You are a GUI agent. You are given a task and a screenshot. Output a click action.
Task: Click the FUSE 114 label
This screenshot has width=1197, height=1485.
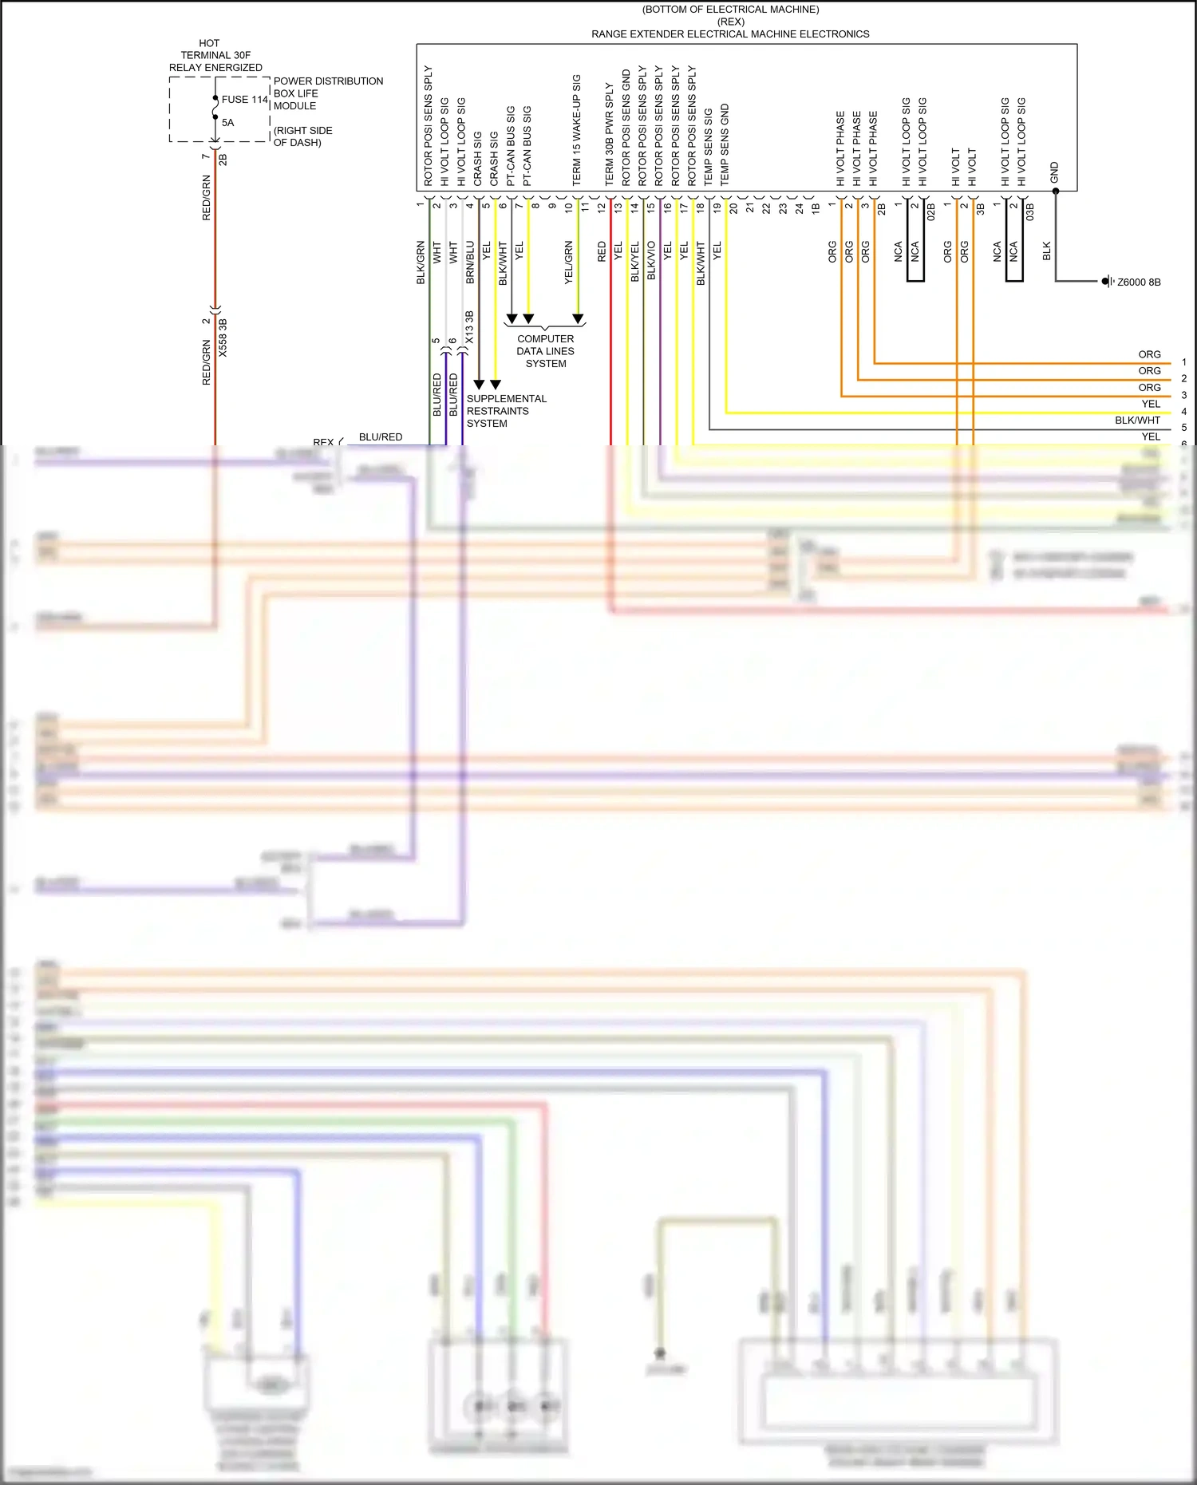click(244, 100)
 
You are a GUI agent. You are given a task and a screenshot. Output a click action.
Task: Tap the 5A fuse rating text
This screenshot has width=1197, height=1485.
click(228, 123)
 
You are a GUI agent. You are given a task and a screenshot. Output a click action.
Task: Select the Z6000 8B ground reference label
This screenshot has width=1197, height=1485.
click(1138, 282)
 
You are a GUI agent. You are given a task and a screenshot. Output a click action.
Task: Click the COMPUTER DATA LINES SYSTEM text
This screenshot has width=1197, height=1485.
click(546, 351)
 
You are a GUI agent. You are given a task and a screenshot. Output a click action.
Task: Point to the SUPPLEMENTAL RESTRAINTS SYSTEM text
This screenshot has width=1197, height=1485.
click(506, 411)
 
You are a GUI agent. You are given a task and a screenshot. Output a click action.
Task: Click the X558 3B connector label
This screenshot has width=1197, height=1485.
click(223, 338)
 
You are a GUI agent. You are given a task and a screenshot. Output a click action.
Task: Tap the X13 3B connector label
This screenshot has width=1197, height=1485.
click(469, 327)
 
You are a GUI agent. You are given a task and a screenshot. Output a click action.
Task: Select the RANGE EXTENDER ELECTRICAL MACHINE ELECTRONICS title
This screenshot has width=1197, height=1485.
click(730, 34)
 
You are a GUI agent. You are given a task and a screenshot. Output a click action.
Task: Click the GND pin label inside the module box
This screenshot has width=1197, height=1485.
click(1054, 172)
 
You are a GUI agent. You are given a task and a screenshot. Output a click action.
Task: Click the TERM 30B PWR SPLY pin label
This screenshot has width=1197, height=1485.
click(609, 133)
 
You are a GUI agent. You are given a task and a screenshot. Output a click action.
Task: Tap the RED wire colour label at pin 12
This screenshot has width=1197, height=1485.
click(602, 251)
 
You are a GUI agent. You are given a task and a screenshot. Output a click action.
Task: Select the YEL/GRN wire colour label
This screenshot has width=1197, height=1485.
click(568, 263)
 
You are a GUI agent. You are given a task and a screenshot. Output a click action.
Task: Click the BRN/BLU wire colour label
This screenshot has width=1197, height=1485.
click(470, 263)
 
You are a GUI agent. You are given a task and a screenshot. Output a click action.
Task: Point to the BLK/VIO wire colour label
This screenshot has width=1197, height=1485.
click(651, 260)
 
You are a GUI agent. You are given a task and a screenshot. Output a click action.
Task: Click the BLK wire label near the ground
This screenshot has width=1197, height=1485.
click(1046, 251)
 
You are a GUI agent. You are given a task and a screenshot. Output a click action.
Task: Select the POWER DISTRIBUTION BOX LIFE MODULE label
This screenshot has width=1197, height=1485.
click(327, 93)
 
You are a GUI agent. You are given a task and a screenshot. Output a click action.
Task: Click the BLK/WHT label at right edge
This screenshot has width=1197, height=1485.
click(1137, 421)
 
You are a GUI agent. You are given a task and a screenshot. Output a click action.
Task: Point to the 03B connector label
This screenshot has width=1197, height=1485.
click(1029, 211)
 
